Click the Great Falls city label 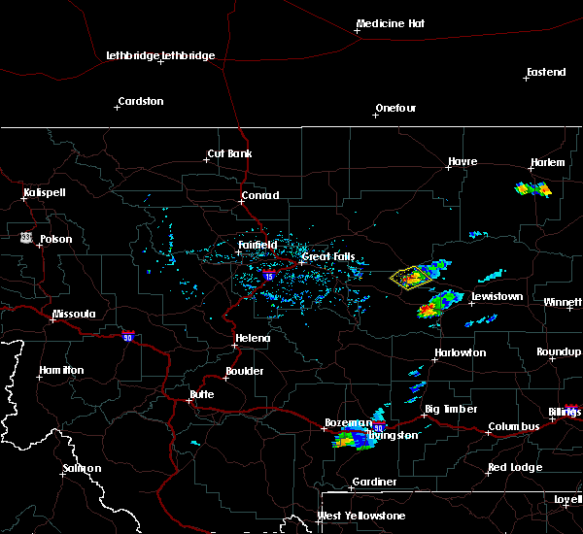(329, 257)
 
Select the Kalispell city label (45, 192)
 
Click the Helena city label (251, 339)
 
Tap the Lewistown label (497, 296)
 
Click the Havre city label (463, 162)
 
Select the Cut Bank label (228, 154)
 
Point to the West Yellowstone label (361, 516)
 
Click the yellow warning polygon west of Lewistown (410, 278)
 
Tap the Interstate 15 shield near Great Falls (268, 277)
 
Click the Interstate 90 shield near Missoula (127, 336)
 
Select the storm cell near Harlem (532, 189)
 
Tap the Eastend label (545, 73)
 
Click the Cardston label (140, 101)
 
